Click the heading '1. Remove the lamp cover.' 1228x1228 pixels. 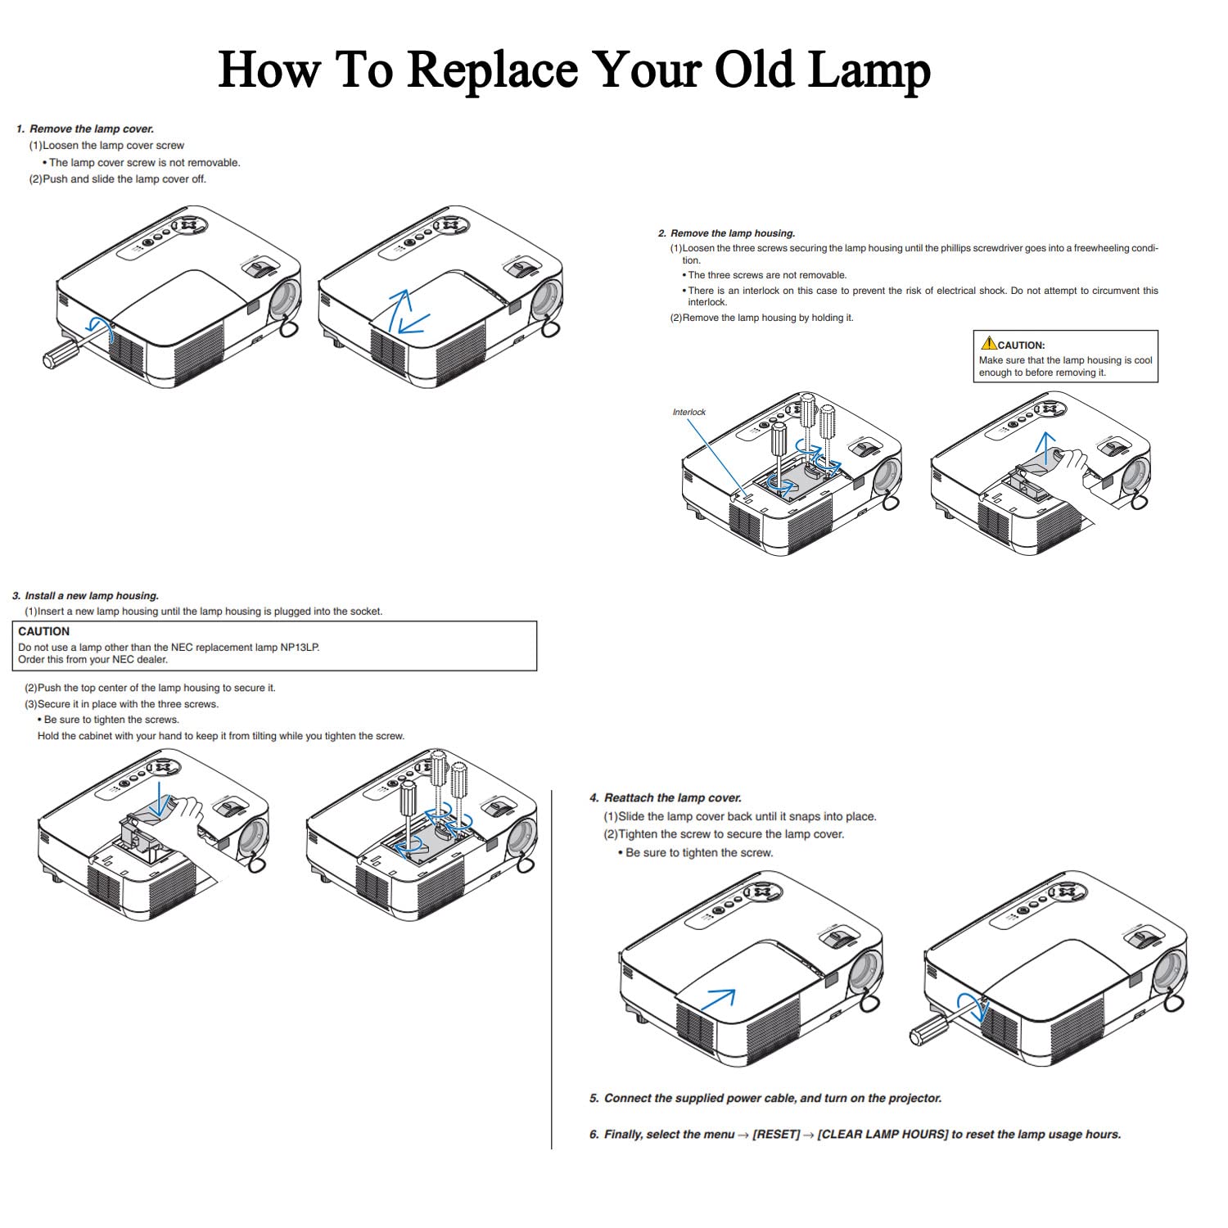85,129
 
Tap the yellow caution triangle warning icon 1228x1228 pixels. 989,344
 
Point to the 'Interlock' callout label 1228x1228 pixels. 688,412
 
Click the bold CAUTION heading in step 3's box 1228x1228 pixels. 44,631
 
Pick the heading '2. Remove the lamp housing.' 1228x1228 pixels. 726,233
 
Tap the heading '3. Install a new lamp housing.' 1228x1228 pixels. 86,596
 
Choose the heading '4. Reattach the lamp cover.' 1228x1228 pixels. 665,797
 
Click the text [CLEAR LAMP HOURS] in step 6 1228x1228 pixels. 883,1134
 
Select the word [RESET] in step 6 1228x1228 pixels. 776,1134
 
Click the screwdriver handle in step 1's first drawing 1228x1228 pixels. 61,354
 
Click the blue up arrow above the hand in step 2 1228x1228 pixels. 1045,446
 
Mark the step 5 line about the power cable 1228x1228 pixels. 765,1098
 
